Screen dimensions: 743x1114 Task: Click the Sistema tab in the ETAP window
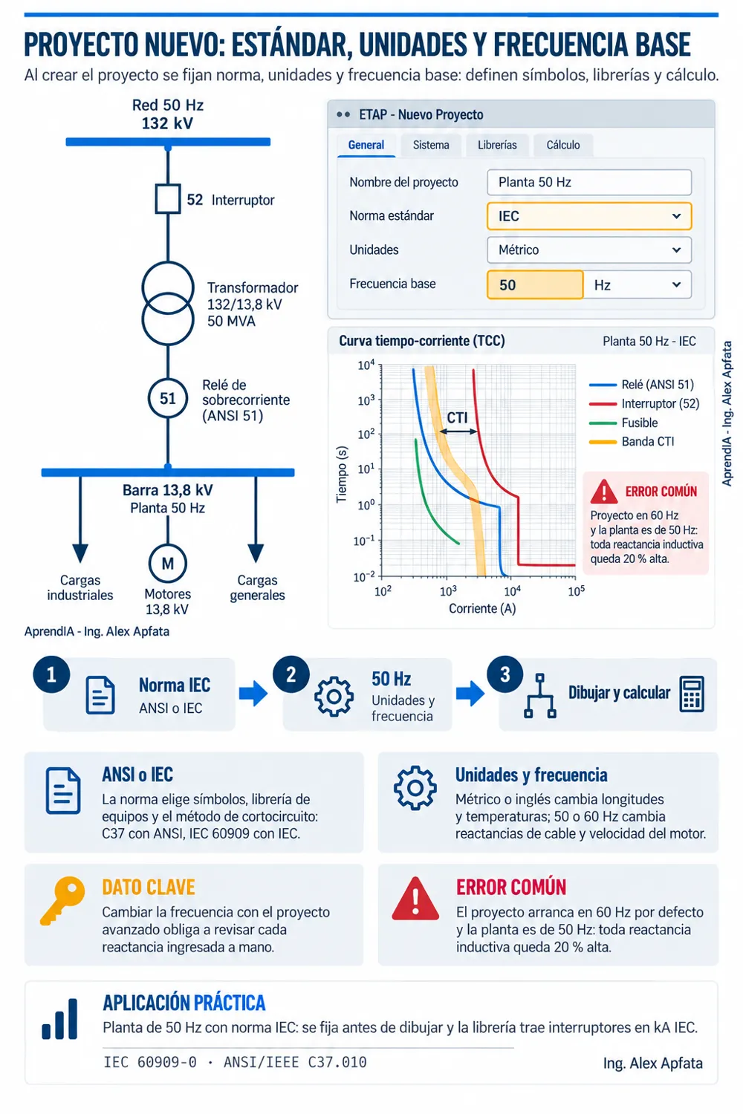click(431, 146)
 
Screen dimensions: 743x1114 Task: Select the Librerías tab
click(497, 146)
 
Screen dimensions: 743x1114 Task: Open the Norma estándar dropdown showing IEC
click(589, 216)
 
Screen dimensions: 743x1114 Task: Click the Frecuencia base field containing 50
click(535, 285)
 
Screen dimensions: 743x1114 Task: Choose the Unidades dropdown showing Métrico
click(589, 250)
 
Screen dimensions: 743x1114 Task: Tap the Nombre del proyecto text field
click(589, 182)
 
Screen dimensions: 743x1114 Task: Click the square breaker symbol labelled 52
click(168, 200)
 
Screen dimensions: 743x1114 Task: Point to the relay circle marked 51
click(168, 398)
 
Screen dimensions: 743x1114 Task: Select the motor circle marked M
click(168, 564)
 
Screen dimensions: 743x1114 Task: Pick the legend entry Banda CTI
click(632, 442)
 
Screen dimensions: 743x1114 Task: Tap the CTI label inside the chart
click(457, 417)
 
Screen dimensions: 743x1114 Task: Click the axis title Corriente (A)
click(482, 609)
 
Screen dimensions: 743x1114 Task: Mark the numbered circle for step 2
click(291, 675)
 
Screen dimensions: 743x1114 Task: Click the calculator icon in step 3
click(692, 694)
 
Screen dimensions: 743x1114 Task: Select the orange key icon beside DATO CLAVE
click(62, 901)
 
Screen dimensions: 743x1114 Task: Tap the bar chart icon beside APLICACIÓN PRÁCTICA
click(59, 1019)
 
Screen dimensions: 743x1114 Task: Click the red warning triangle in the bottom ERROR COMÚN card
click(415, 899)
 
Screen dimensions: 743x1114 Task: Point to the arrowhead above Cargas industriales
click(80, 553)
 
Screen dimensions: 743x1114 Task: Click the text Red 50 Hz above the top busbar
click(168, 105)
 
